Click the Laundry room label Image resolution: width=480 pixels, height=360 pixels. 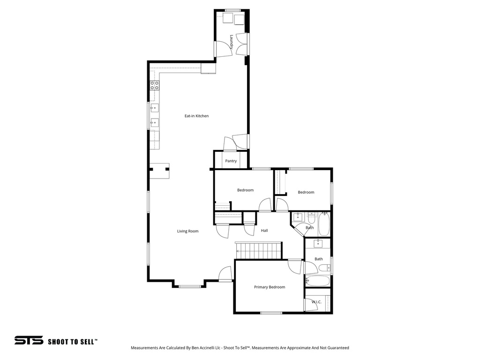pyautogui.click(x=232, y=42)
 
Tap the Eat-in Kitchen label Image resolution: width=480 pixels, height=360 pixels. pyautogui.click(x=196, y=116)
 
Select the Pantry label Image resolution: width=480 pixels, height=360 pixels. pyautogui.click(x=231, y=161)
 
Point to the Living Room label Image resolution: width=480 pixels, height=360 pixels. pyautogui.click(x=187, y=231)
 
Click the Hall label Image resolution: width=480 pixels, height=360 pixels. pyautogui.click(x=264, y=231)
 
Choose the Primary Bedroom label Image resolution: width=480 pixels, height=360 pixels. pyautogui.click(x=270, y=287)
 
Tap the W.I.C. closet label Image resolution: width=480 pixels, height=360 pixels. pyautogui.click(x=316, y=302)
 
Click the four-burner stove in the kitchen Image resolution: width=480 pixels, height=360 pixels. pyautogui.click(x=154, y=85)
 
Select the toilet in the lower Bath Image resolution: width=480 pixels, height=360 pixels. pyautogui.click(x=324, y=269)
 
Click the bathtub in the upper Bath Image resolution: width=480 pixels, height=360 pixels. pyautogui.click(x=324, y=224)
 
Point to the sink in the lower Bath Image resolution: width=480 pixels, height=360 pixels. pyautogui.click(x=318, y=243)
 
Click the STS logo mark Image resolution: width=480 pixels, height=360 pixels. pyautogui.click(x=29, y=341)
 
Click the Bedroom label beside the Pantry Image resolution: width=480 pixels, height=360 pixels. pyautogui.click(x=245, y=190)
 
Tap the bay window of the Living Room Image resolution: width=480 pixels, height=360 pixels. pyautogui.click(x=190, y=286)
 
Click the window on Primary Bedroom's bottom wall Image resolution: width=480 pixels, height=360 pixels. pyautogui.click(x=271, y=313)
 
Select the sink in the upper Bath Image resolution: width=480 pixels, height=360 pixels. pyautogui.click(x=298, y=217)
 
